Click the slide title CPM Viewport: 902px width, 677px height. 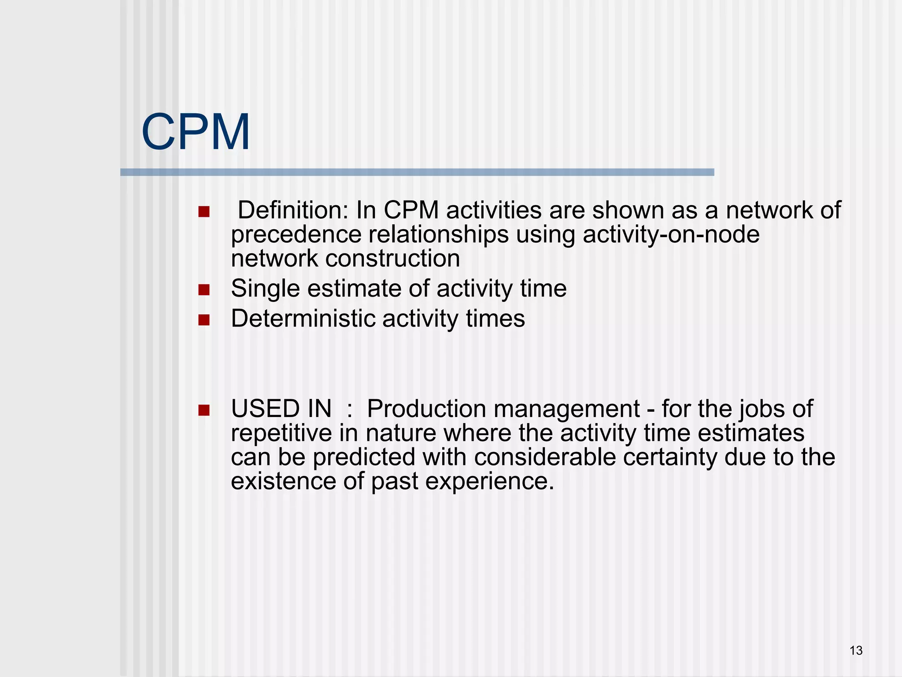pos(196,132)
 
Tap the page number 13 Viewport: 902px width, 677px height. pos(856,651)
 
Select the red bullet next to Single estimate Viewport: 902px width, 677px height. pos(204,290)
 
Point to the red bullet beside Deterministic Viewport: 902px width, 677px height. pos(204,320)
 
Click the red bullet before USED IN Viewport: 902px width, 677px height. pos(204,410)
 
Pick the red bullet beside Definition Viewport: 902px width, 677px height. pos(204,212)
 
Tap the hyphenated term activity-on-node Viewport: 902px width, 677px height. pos(671,234)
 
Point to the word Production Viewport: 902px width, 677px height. pos(426,409)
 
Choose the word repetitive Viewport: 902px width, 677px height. pos(281,433)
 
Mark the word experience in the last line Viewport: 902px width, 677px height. pos(484,481)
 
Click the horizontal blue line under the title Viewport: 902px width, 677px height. pos(417,172)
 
